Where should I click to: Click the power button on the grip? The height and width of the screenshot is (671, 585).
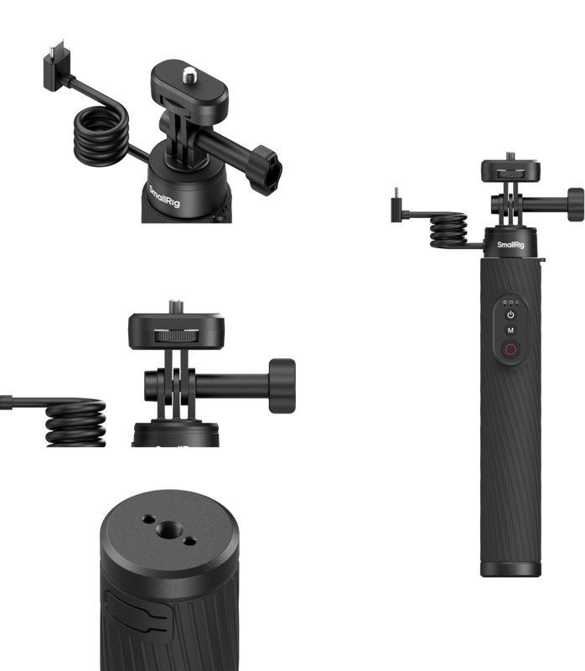click(x=510, y=315)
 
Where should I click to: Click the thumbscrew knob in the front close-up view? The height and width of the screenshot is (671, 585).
click(x=282, y=383)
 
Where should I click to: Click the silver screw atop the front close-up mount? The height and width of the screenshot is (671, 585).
click(x=176, y=304)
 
